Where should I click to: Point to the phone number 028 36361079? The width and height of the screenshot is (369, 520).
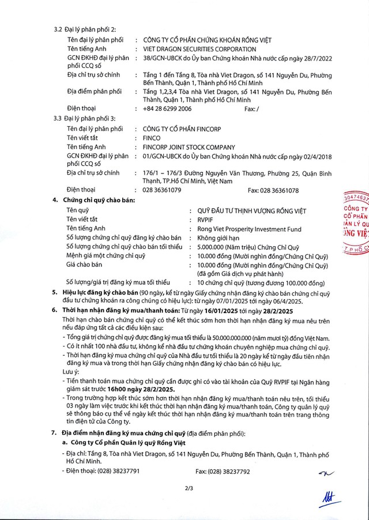tap(162, 190)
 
